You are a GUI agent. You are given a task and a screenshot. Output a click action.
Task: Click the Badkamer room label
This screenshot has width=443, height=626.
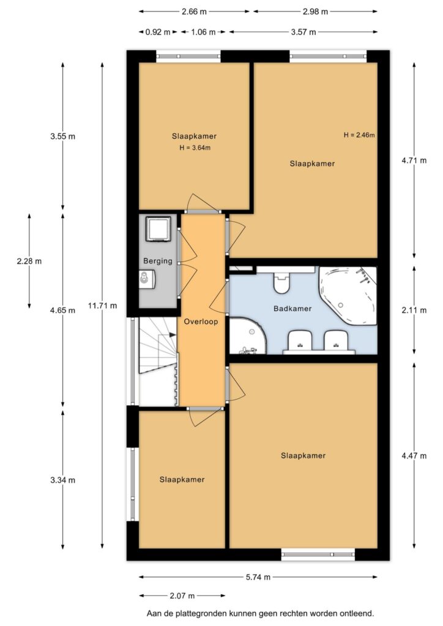(292, 308)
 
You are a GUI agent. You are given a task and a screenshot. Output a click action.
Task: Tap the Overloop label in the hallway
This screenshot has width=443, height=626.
(201, 322)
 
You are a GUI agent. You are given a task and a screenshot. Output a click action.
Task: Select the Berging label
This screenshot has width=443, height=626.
(158, 261)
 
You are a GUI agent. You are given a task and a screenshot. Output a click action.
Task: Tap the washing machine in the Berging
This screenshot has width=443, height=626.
(158, 229)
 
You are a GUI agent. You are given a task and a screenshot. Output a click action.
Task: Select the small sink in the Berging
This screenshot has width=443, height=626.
(146, 279)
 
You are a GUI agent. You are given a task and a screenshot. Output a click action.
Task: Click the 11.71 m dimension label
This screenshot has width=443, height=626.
(103, 306)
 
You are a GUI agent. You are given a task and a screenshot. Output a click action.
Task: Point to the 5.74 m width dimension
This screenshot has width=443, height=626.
(258, 577)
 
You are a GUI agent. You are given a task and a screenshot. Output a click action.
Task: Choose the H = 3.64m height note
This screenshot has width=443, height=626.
(195, 148)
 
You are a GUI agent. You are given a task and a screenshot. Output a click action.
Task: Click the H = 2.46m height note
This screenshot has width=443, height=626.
(359, 135)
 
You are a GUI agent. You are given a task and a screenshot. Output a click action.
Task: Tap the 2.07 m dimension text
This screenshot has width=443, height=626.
(182, 596)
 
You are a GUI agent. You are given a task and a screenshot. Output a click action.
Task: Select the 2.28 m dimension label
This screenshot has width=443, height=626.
(29, 262)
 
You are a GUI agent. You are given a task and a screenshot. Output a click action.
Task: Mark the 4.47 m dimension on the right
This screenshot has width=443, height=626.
(414, 455)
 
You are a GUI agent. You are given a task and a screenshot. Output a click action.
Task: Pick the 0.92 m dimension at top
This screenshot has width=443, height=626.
(158, 32)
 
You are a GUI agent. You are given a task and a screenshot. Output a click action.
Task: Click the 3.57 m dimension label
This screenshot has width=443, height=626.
(303, 32)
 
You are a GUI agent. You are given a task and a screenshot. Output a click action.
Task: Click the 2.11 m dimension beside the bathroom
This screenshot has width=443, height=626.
(414, 310)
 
